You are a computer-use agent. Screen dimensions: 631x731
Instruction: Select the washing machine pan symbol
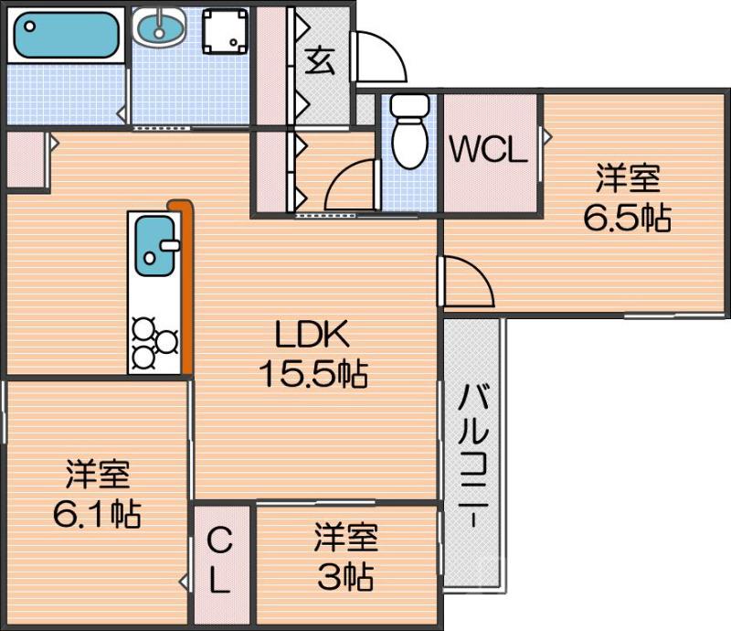pyautogui.click(x=225, y=32)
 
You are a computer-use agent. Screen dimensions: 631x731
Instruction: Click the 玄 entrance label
pyautogui.click(x=320, y=60)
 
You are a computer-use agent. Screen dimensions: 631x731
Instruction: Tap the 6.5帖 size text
pyautogui.click(x=628, y=218)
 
